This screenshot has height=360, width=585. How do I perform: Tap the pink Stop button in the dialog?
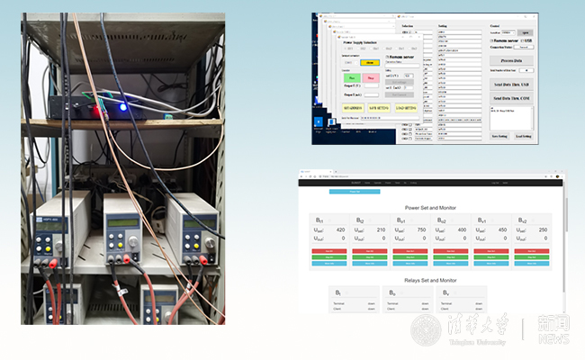coord(371,78)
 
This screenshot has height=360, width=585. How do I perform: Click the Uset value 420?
coord(340,229)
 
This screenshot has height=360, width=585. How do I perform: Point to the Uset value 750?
coord(421,229)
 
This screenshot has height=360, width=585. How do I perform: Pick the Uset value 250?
coord(543,229)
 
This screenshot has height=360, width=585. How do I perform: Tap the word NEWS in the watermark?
coord(553,338)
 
